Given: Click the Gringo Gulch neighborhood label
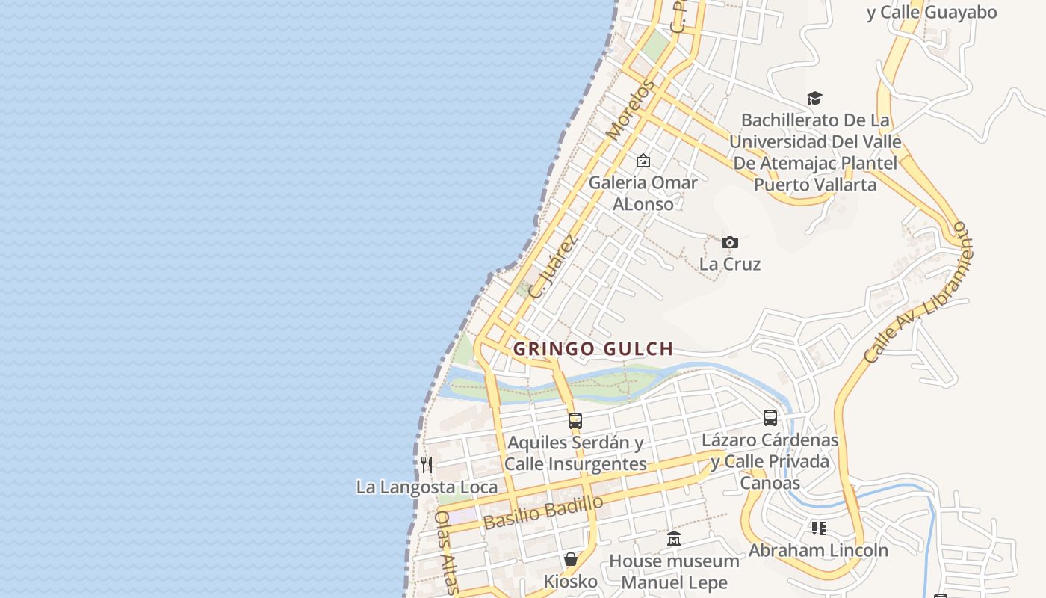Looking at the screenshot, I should click(593, 348).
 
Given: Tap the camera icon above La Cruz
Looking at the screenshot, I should click(730, 242).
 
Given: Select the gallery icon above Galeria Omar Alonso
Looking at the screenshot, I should click(643, 161).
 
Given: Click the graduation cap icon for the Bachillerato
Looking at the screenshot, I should click(814, 98).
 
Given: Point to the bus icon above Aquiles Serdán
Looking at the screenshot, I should click(575, 420).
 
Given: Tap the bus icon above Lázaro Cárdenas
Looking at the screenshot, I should click(770, 418).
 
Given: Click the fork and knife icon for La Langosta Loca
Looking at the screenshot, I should click(427, 465).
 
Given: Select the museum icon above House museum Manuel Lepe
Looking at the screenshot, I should click(674, 538).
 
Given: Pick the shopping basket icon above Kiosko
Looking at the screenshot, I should click(571, 559).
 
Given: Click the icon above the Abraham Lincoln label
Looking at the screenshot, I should click(819, 528).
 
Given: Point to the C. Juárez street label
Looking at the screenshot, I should click(553, 267).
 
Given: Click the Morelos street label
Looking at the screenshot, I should click(629, 111).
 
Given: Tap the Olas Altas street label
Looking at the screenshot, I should click(446, 552).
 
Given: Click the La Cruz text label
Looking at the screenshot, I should click(730, 264).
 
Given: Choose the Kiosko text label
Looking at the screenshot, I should click(571, 581).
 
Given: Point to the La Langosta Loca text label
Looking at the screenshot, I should click(427, 487).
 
